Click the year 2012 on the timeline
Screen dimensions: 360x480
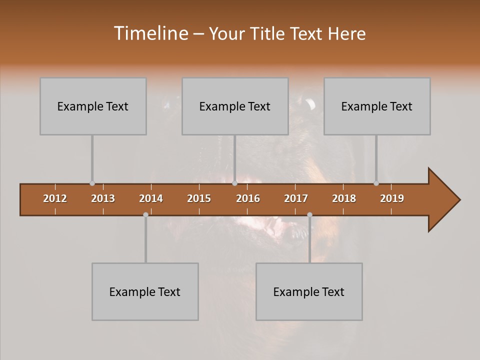click(x=55, y=198)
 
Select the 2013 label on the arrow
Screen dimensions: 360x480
click(x=103, y=198)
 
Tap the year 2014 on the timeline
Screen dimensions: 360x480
click(x=151, y=198)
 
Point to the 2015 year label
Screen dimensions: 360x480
click(x=199, y=198)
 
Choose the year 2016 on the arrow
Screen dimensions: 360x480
click(x=248, y=198)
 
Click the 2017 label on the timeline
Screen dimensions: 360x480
click(x=296, y=198)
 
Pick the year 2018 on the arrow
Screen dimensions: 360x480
click(x=344, y=198)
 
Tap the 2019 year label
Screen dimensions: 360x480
click(x=392, y=198)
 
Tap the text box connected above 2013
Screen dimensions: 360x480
click(x=93, y=106)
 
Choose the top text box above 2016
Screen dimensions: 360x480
click(x=235, y=106)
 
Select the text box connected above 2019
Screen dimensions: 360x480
click(x=377, y=106)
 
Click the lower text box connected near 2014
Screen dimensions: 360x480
click(x=145, y=291)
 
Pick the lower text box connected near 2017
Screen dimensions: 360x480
click(x=309, y=291)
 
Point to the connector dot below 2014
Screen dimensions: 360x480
click(x=145, y=214)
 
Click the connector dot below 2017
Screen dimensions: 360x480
click(x=309, y=214)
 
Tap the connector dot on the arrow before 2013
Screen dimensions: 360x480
click(x=92, y=183)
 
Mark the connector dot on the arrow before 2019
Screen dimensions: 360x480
click(x=376, y=183)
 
